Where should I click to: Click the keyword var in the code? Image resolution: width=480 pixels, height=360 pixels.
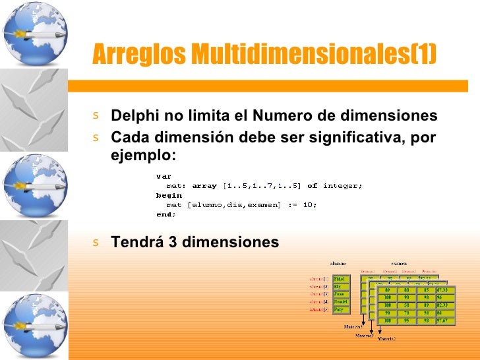click(163, 177)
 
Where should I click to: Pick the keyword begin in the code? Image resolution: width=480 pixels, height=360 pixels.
click(168, 195)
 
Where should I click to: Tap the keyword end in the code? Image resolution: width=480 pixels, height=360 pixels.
click(165, 214)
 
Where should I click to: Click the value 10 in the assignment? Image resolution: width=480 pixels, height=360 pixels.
click(308, 204)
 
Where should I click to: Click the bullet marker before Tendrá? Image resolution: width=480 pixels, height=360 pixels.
click(96, 242)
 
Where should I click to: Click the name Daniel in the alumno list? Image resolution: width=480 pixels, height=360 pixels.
click(342, 302)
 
